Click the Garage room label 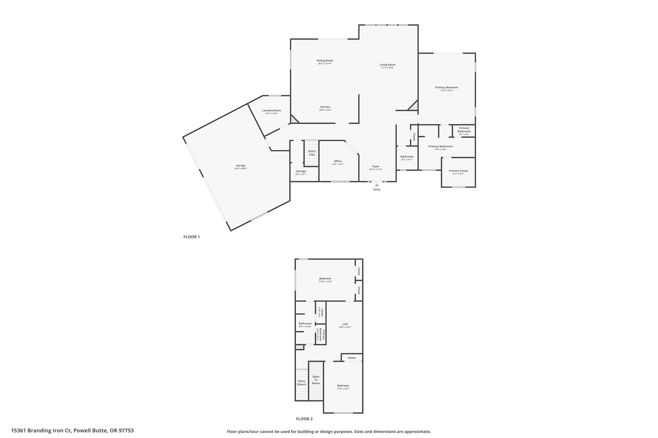click(x=241, y=166)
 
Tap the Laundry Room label click(x=271, y=111)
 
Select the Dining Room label click(x=325, y=61)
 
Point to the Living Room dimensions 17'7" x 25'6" click(x=388, y=68)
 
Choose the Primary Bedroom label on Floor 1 click(x=447, y=87)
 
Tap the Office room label click(x=338, y=161)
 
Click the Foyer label click(x=375, y=166)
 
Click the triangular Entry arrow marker click(x=377, y=185)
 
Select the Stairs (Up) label click(x=312, y=153)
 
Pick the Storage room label click(x=301, y=171)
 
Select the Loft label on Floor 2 click(x=345, y=324)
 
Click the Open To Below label click(x=316, y=380)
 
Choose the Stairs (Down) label click(x=302, y=383)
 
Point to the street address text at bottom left click(x=72, y=431)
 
